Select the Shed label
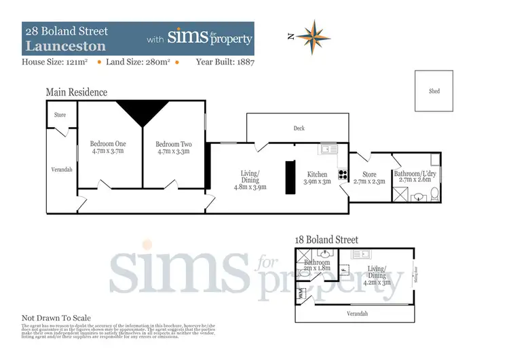click(434, 90)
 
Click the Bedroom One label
click(109, 144)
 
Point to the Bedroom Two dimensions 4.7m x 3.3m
click(174, 151)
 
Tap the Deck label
click(299, 128)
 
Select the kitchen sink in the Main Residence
click(328, 148)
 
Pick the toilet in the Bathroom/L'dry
click(419, 196)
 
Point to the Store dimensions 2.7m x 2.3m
click(369, 182)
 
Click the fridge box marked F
click(343, 269)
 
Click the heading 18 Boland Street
click(326, 240)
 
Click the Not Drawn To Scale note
click(56, 318)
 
